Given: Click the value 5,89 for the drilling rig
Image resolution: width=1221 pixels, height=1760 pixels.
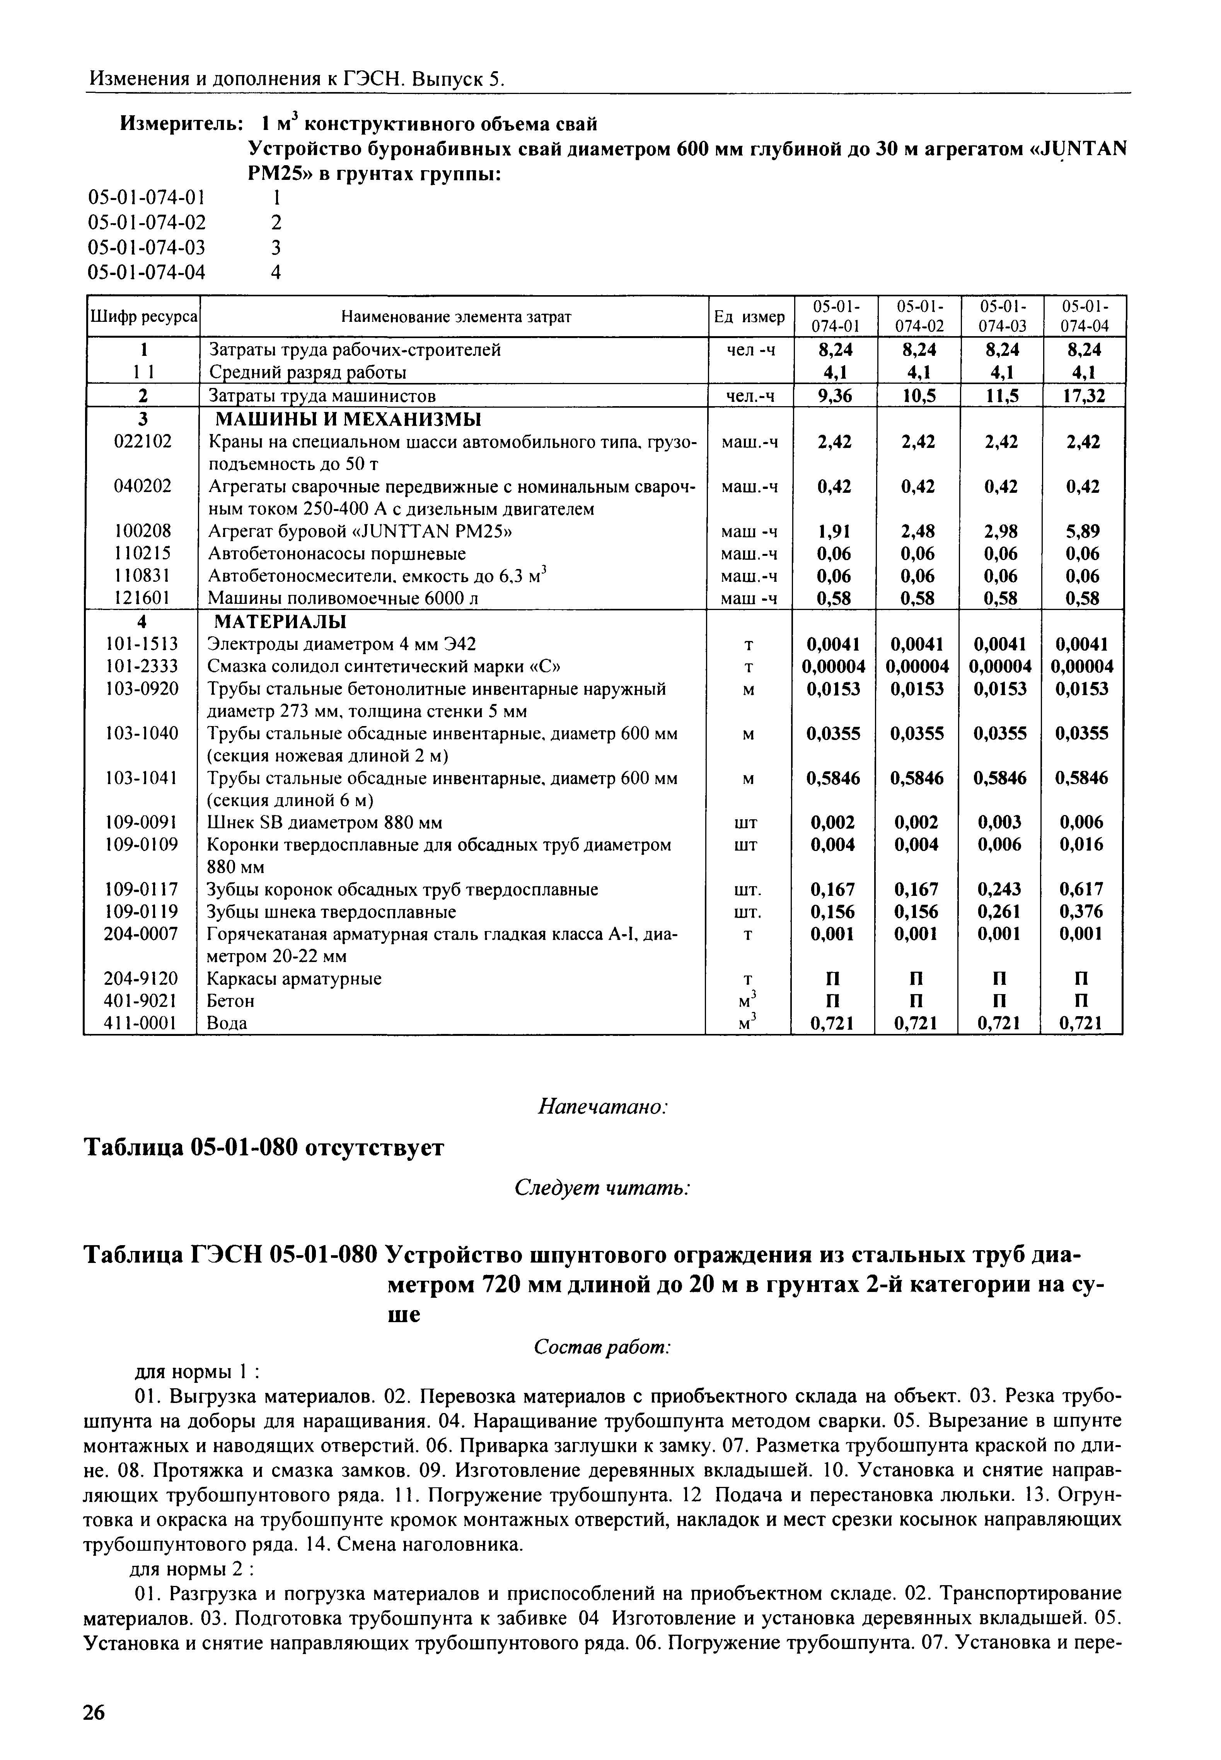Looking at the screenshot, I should tap(1083, 531).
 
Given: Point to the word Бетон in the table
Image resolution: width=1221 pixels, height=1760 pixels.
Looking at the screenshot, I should tap(232, 1001).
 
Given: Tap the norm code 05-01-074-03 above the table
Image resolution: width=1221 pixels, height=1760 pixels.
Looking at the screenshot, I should tap(148, 247).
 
